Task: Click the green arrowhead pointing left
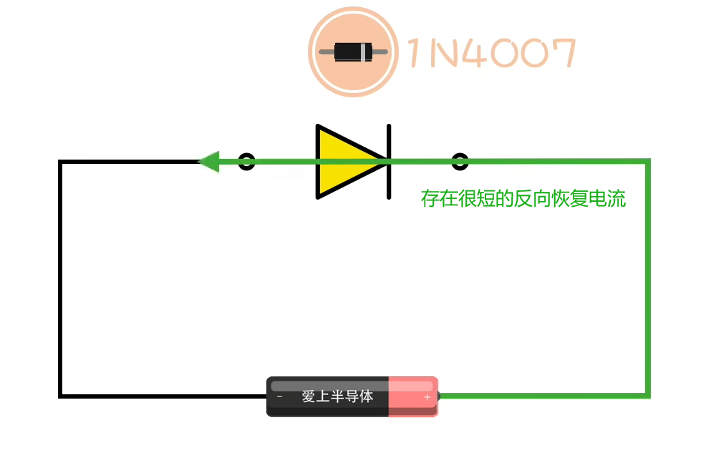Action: [x=208, y=162]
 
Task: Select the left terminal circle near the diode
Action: [x=246, y=162]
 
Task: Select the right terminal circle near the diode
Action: [x=460, y=162]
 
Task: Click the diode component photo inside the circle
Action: [x=354, y=52]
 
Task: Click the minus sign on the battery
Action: [x=279, y=396]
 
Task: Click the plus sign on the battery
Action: [x=427, y=396]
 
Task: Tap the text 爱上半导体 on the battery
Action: [x=337, y=396]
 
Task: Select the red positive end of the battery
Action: [x=412, y=396]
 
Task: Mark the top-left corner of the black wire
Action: [x=62, y=162]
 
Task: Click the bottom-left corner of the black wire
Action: [x=62, y=394]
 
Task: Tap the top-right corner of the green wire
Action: [x=647, y=162]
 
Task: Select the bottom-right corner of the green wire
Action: [x=647, y=394]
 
